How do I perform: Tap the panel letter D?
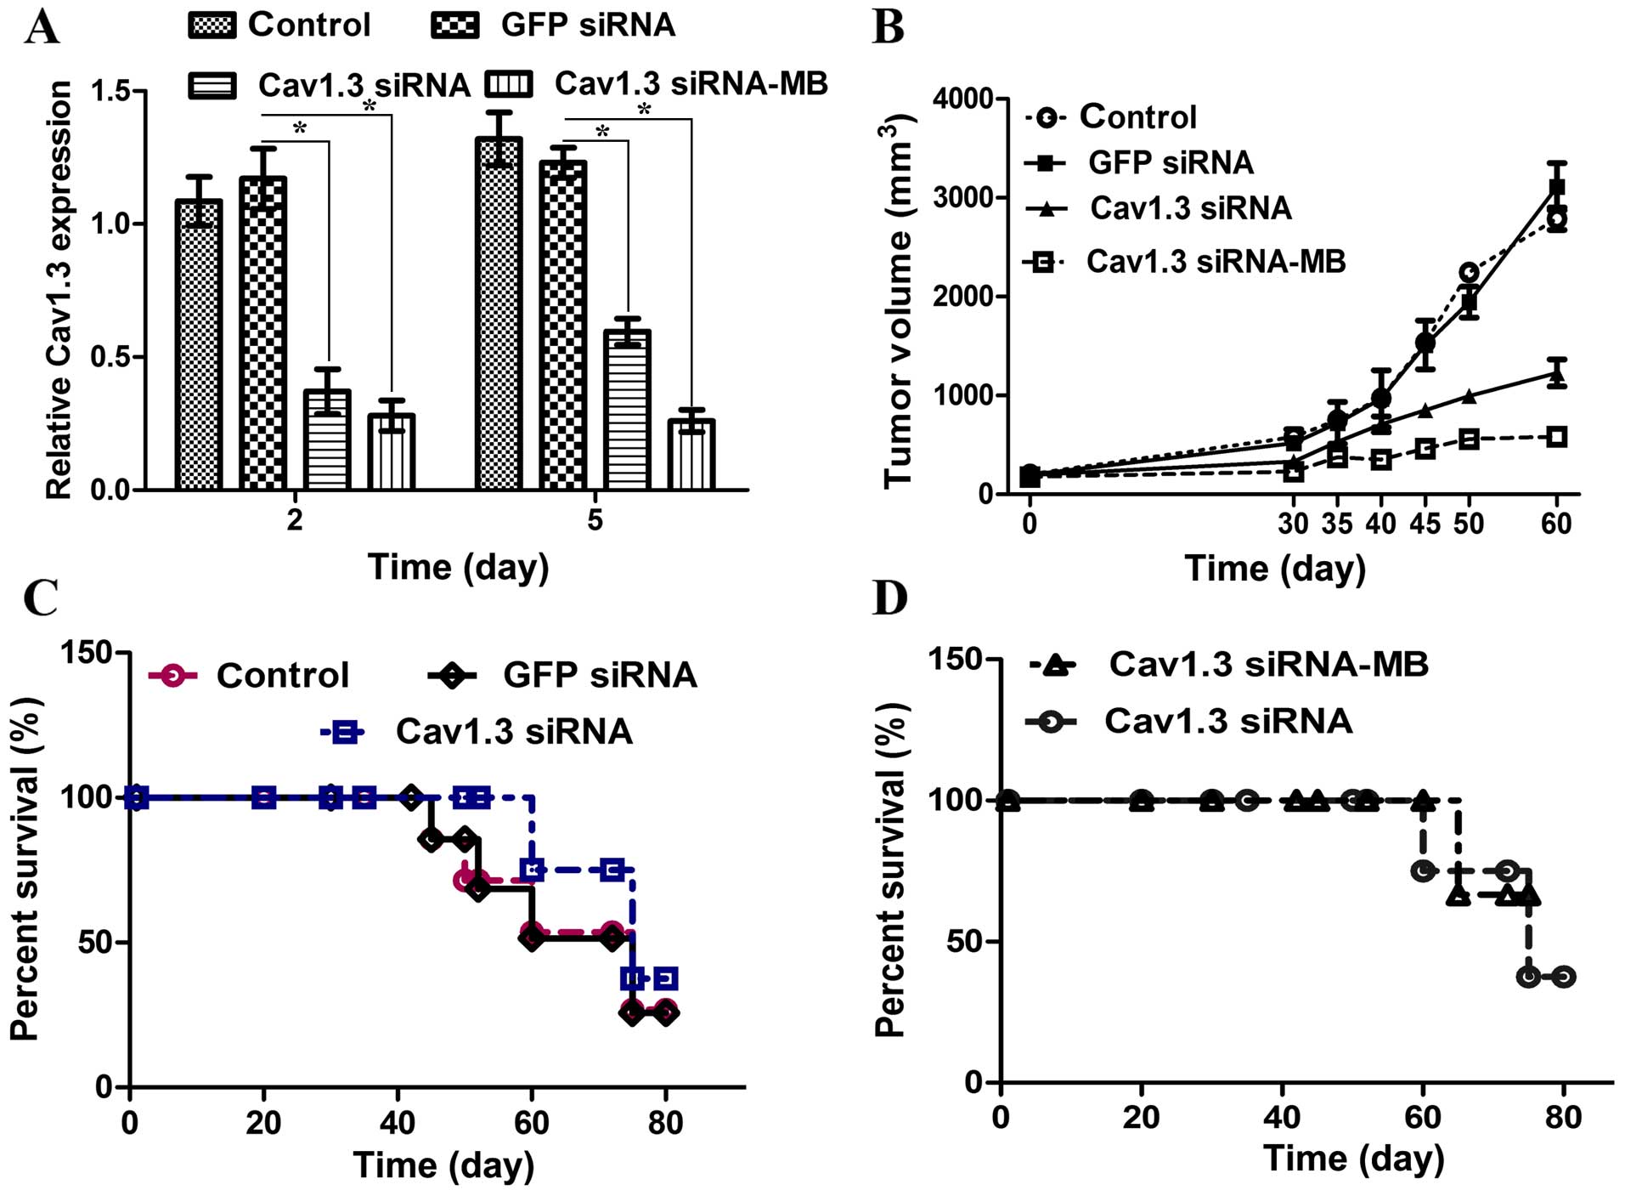coord(890,598)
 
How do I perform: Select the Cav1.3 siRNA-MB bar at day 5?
coord(691,455)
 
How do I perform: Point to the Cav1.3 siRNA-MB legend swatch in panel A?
coord(509,84)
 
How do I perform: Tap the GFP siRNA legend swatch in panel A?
coord(455,26)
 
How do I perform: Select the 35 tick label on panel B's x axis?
coord(1336,524)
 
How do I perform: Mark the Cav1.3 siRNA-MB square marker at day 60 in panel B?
coord(1556,437)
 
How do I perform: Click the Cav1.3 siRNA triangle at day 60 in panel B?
coord(1556,374)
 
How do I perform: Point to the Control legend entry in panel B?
coord(1113,117)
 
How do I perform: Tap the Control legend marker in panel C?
coord(172,676)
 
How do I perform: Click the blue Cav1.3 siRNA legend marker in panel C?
coord(343,732)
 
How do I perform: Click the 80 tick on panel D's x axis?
coord(1563,1116)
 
